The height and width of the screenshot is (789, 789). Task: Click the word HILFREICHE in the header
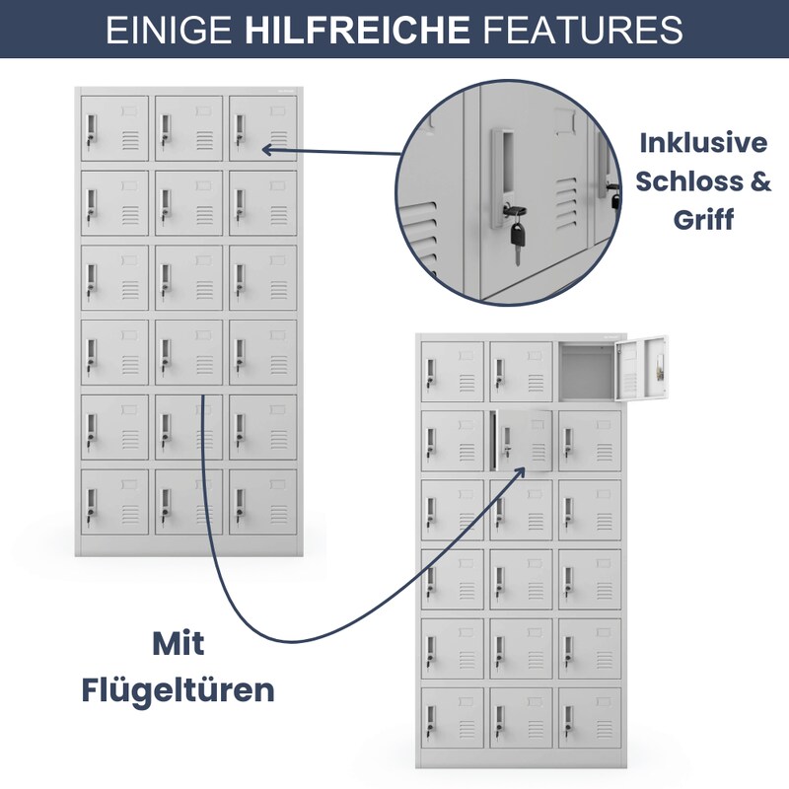[x=357, y=30]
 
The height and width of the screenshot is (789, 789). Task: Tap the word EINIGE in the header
[x=169, y=30]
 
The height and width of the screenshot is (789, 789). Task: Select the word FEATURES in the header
[x=583, y=30]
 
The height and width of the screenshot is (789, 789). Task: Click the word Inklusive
[x=703, y=143]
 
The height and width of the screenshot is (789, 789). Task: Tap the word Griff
[x=703, y=220]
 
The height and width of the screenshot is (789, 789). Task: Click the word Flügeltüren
[x=179, y=691]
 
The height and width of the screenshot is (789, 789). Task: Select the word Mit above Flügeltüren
[x=179, y=644]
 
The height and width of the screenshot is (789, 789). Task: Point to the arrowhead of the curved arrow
[x=519, y=472]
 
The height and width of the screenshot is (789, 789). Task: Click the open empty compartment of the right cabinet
[x=587, y=372]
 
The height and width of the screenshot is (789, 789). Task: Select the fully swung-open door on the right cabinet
[x=642, y=368]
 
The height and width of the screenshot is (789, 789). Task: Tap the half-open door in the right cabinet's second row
[x=524, y=440]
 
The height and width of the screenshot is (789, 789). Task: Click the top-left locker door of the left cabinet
[x=114, y=128]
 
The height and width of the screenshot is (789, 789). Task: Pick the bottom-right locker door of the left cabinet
[x=262, y=502]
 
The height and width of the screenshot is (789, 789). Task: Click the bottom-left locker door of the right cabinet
[x=452, y=718]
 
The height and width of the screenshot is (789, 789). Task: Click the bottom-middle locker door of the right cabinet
[x=521, y=718]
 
